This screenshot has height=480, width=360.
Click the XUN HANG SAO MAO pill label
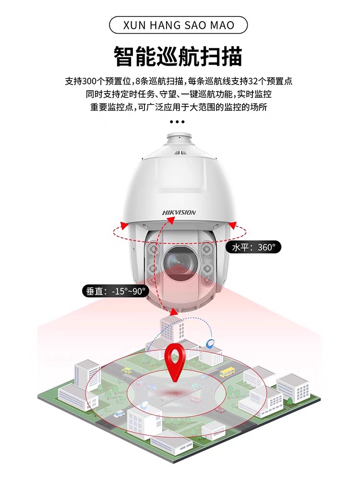click(179, 25)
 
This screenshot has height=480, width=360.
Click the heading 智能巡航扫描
click(179, 56)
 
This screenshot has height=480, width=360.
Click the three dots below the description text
click(177, 122)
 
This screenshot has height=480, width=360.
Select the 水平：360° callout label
click(253, 247)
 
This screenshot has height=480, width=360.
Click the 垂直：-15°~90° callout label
click(115, 291)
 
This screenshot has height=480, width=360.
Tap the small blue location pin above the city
click(209, 343)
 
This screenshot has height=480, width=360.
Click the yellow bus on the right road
click(227, 372)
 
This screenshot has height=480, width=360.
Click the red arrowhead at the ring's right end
click(232, 224)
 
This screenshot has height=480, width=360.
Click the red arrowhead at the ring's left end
click(124, 224)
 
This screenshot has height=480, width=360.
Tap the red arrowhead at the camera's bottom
click(174, 312)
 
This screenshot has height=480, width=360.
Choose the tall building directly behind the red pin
click(172, 329)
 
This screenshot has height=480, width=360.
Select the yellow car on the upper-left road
click(127, 370)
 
